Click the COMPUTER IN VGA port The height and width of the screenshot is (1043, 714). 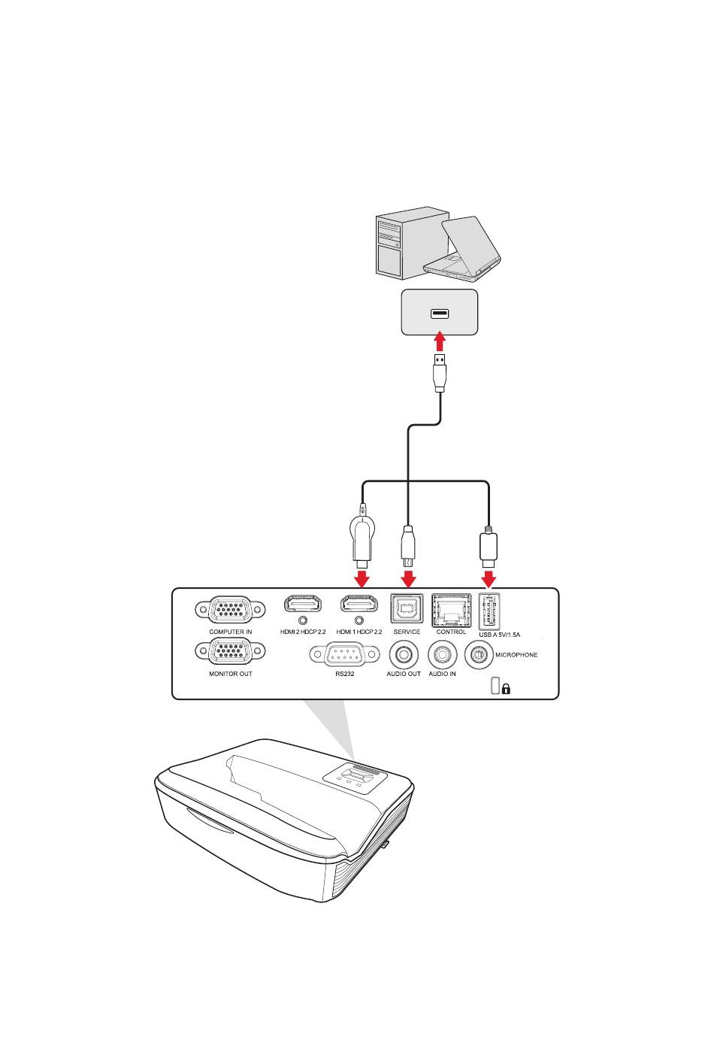[x=230, y=609]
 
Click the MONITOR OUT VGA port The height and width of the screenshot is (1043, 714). [x=230, y=651]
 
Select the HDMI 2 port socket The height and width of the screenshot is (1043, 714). [x=303, y=603]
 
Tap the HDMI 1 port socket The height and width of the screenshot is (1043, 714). [x=359, y=603]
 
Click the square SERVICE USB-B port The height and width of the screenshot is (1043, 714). [x=407, y=608]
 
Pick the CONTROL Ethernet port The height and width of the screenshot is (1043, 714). [x=451, y=610]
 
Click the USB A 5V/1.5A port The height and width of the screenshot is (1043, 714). [x=489, y=611]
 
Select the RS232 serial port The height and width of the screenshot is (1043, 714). [x=344, y=654]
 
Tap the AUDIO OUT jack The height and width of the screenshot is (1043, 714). [x=404, y=655]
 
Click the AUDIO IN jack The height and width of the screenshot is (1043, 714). [x=442, y=655]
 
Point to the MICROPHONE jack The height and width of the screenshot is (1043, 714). [x=479, y=655]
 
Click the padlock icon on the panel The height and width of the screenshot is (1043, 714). [x=506, y=688]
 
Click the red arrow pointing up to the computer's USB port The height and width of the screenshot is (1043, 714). [x=440, y=341]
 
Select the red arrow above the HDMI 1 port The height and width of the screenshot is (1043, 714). [x=362, y=577]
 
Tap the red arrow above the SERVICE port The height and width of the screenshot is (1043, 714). [x=408, y=577]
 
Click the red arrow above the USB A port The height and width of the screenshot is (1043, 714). [x=489, y=577]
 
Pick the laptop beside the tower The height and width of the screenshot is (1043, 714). [x=463, y=250]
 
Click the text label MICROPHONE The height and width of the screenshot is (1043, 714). [x=516, y=655]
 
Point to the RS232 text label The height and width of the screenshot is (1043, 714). [x=344, y=674]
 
